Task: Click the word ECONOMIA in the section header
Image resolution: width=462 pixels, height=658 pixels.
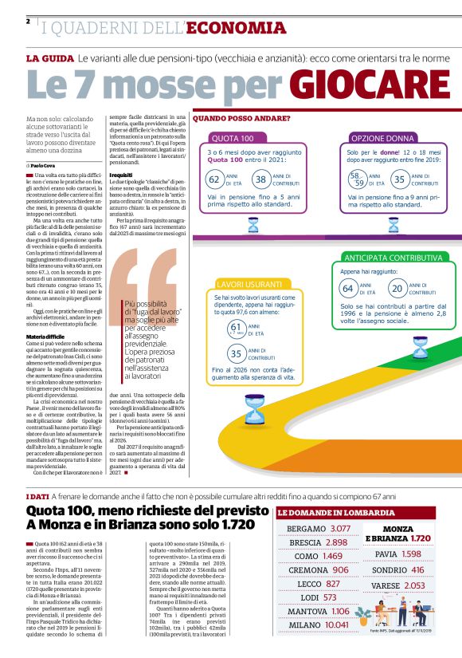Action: coord(235,28)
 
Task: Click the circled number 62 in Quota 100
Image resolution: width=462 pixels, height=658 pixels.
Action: coord(214,179)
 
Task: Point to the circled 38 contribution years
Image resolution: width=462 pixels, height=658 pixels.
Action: coord(260,179)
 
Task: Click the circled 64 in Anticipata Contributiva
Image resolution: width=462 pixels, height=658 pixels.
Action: coord(346,287)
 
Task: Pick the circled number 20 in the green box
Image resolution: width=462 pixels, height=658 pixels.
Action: coord(397,287)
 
